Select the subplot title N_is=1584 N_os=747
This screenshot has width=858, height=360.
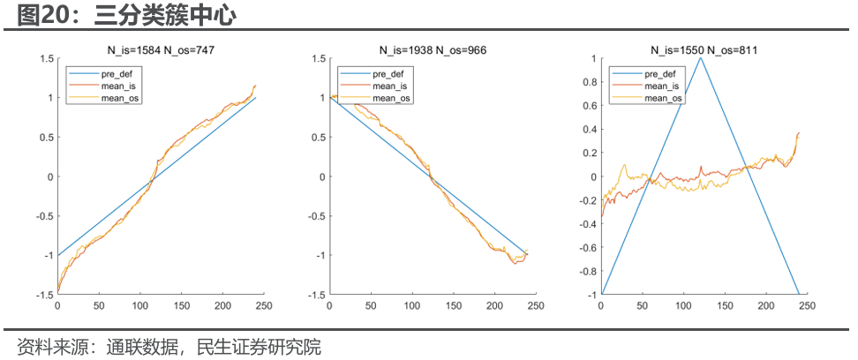[x=155, y=50]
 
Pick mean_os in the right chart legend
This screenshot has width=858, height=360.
[x=664, y=99]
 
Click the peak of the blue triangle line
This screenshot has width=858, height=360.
[x=701, y=58]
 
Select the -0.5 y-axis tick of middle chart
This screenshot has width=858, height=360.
[x=316, y=216]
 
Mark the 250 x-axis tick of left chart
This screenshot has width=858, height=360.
[x=252, y=307]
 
